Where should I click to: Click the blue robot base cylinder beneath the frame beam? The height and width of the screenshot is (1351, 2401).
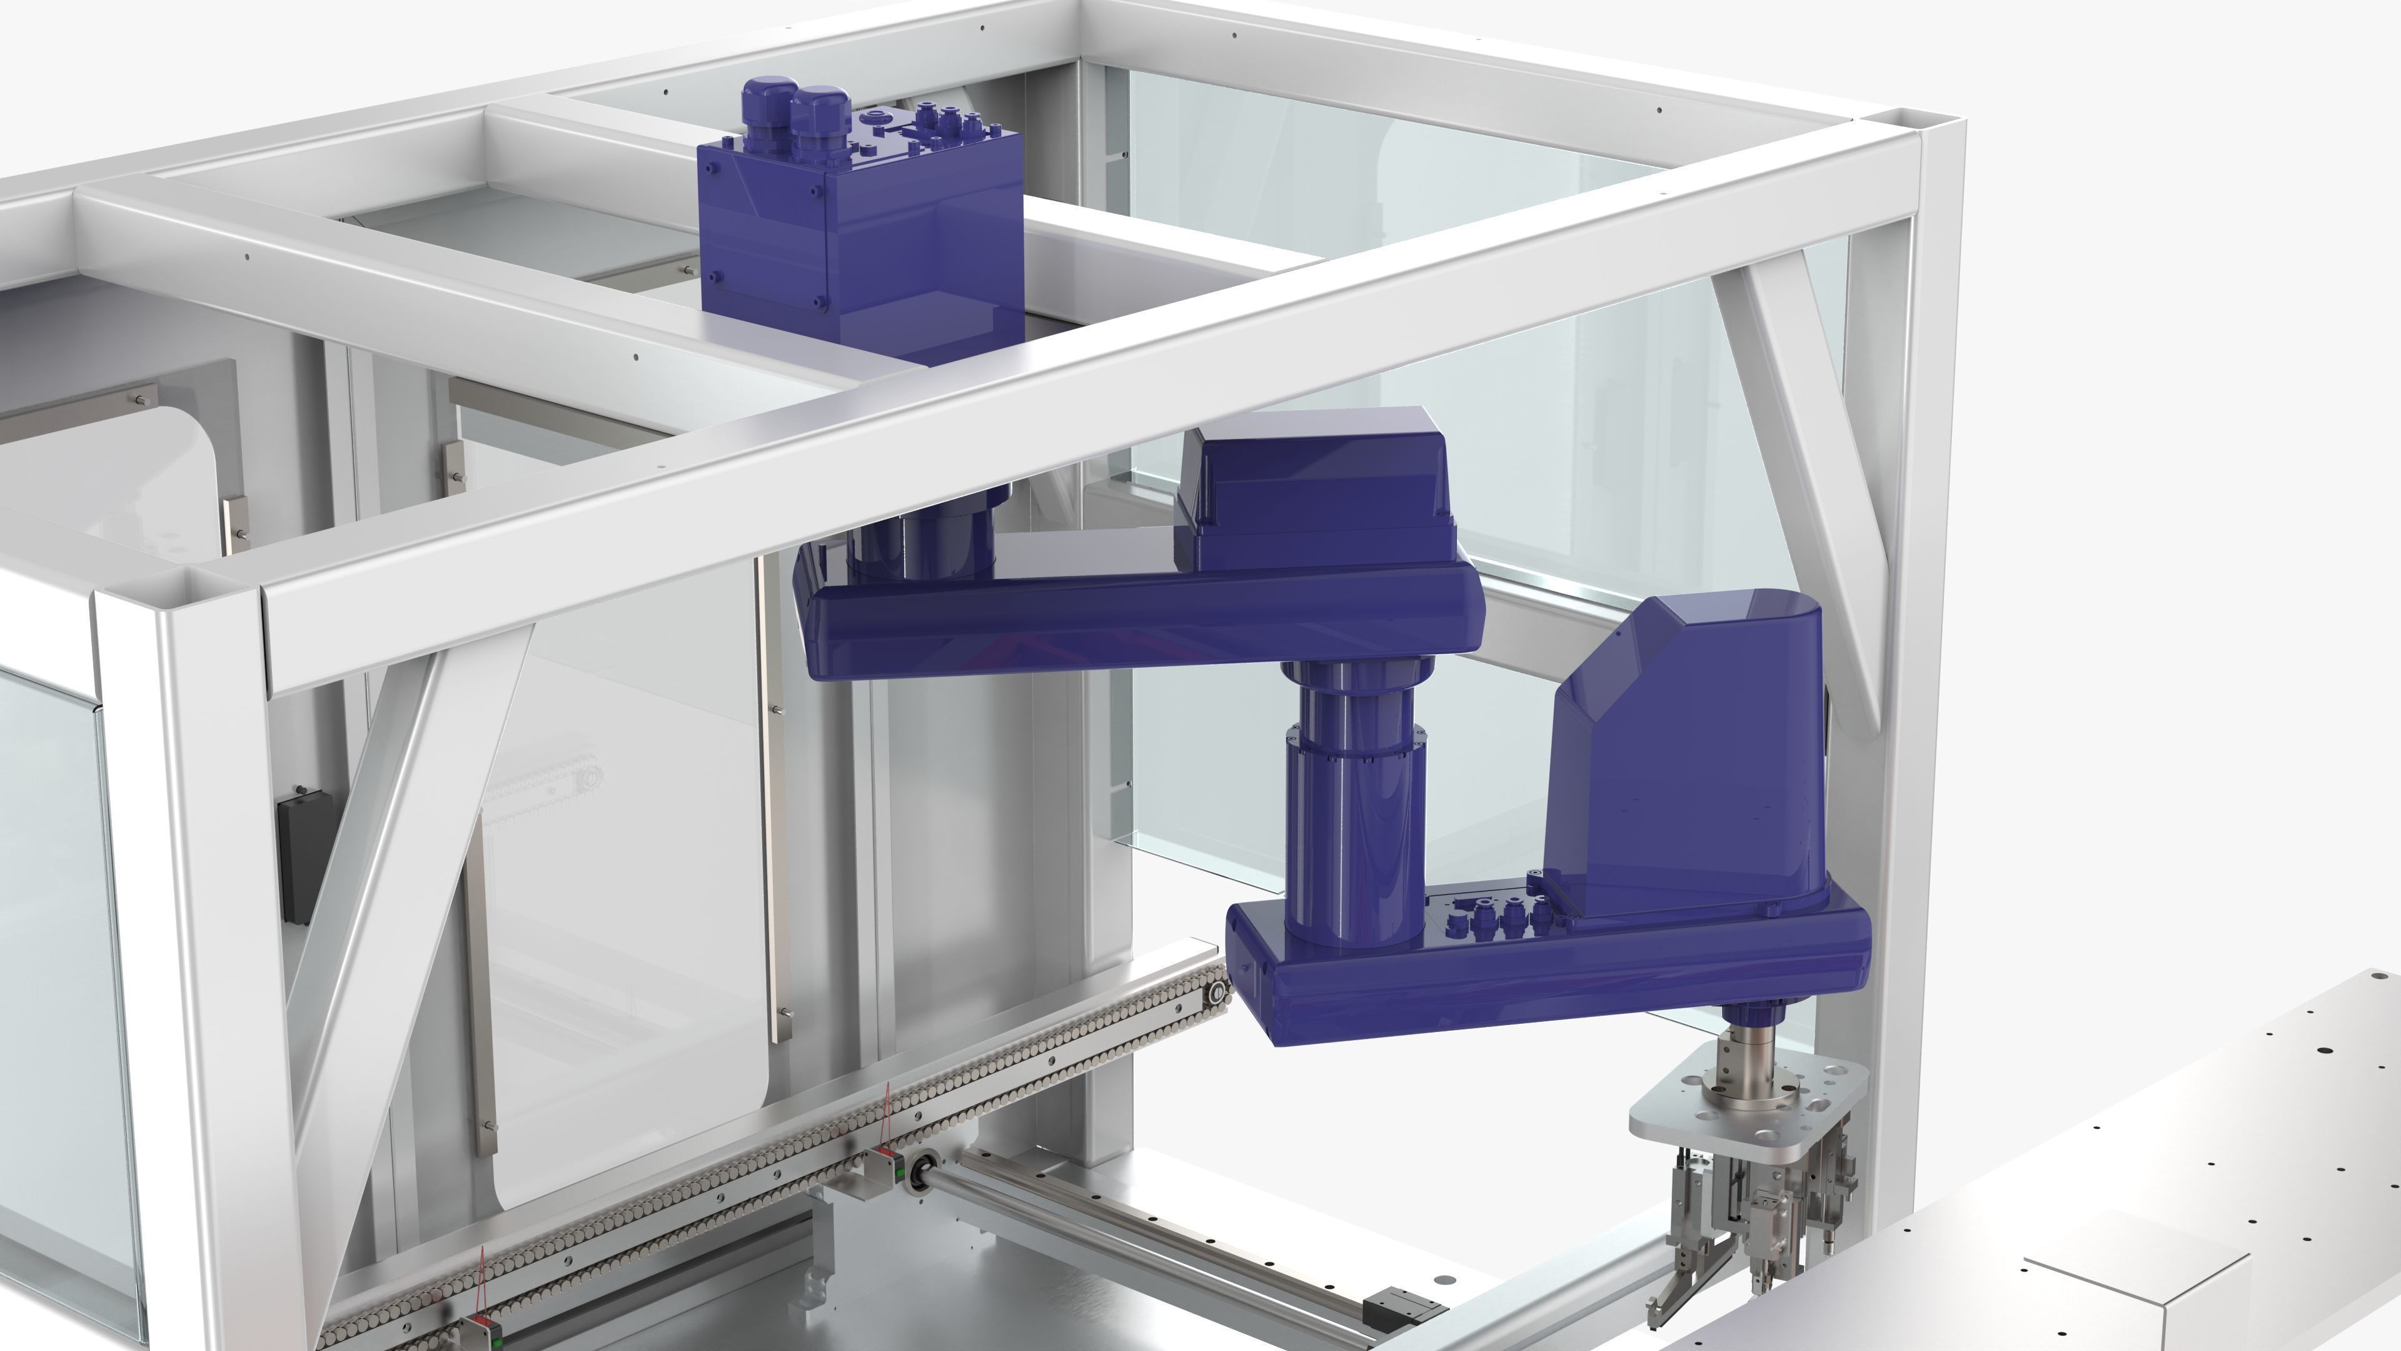pos(923,536)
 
